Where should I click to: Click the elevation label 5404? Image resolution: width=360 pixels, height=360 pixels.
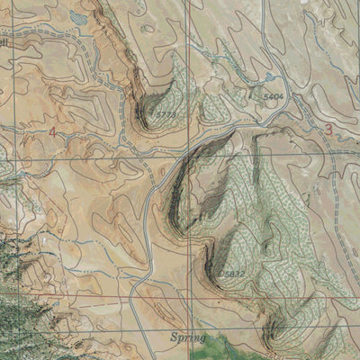pos(273,94)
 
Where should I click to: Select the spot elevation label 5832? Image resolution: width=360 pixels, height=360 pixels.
pos(232,273)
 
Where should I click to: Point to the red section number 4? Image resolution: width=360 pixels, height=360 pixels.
pos(52,132)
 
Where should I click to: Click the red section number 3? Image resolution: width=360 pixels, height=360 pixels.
pos(328,129)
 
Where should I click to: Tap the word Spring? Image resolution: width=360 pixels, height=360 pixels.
pos(187,337)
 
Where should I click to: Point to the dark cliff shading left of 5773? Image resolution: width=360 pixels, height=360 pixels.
pos(139,108)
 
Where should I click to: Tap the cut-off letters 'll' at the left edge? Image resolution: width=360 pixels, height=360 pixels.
pos(4,42)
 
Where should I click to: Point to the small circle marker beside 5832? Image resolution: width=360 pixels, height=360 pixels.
pos(220,274)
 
